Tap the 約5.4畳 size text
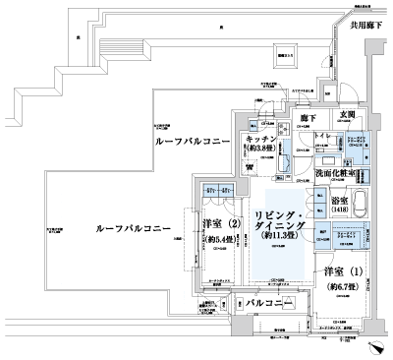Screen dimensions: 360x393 [x=220, y=237]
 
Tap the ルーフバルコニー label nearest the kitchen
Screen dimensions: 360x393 [x=194, y=144]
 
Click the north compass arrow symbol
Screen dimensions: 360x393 [x=376, y=346]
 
